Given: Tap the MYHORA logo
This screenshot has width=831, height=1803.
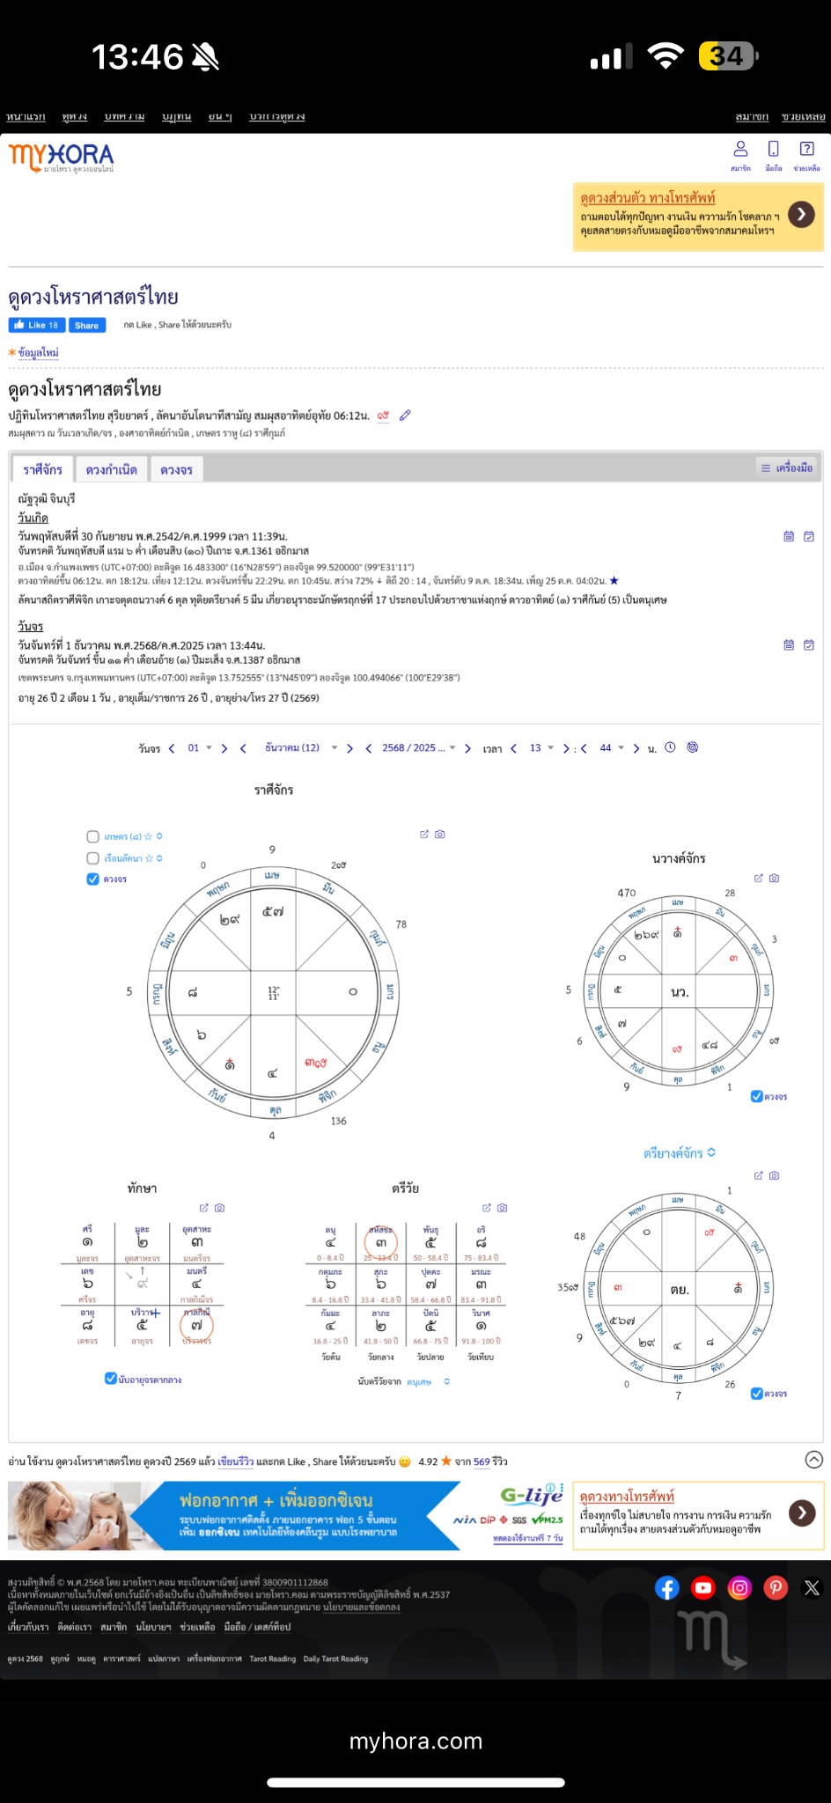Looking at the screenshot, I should tap(62, 158).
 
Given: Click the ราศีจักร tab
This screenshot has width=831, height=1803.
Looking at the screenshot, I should tap(42, 469).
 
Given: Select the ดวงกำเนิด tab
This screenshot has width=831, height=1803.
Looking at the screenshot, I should tap(111, 469).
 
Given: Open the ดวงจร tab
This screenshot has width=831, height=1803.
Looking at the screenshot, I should tap(176, 469).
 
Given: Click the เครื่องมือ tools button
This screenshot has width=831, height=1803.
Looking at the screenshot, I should tap(786, 467).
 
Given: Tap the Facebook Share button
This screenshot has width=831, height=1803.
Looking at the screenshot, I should tap(87, 325).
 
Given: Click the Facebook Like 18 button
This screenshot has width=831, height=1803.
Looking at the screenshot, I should tap(36, 325).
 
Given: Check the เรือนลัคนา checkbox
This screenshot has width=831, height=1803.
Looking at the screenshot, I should tap(93, 857).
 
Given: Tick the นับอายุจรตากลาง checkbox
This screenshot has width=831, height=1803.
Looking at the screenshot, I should tap(111, 1379).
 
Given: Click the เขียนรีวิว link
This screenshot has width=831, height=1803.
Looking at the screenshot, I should tap(235, 1461).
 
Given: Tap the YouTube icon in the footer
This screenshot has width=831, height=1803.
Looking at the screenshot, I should tap(702, 1587).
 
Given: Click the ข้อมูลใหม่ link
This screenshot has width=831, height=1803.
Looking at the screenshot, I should tap(38, 352).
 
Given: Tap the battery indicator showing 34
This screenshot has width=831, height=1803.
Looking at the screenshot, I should tap(727, 56).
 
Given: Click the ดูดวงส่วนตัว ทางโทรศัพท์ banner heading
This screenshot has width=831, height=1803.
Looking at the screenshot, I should tap(647, 197).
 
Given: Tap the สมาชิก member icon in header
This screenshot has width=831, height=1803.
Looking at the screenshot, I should tap(740, 152).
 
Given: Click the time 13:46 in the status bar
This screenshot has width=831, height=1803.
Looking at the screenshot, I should tap(137, 57).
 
